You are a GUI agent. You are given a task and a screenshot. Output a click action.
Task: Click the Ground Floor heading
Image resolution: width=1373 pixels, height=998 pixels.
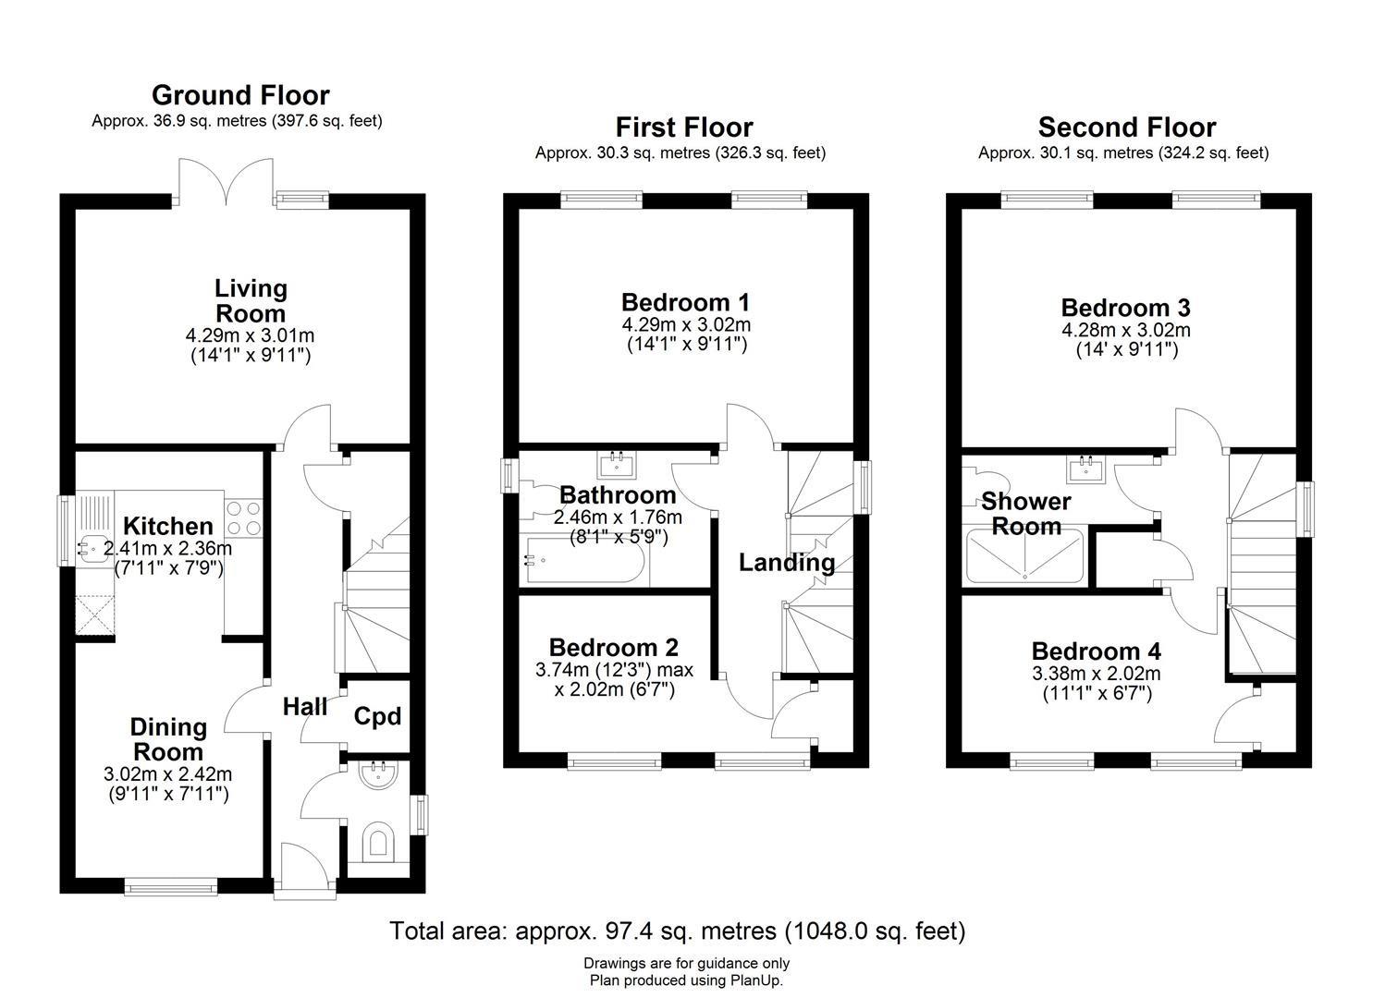240,95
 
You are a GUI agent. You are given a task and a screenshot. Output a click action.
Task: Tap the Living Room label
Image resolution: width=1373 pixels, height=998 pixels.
251,301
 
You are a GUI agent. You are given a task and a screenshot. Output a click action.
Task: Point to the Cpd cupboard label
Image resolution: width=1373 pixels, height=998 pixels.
377,716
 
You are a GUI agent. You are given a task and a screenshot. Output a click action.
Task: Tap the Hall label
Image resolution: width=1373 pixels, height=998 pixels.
304,706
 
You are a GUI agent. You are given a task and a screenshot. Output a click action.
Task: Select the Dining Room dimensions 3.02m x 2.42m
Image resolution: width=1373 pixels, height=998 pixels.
168,773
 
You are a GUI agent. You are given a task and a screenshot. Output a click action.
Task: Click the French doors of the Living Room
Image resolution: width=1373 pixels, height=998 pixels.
227,182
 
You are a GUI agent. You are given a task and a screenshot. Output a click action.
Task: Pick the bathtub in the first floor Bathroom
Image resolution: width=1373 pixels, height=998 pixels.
584,559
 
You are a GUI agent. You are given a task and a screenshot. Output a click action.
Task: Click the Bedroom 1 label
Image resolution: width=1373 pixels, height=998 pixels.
685,302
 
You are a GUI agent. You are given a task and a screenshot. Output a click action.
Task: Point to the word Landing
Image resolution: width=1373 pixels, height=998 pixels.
787,563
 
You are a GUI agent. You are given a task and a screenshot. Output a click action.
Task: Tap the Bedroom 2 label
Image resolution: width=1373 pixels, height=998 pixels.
614,648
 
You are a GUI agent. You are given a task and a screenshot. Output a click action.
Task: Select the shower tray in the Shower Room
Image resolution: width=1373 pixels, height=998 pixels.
1025,555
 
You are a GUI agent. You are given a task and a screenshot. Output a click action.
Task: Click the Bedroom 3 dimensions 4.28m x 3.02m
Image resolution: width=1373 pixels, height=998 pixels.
1126,330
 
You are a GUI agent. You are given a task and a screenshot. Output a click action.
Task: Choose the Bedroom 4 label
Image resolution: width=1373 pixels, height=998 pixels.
1096,651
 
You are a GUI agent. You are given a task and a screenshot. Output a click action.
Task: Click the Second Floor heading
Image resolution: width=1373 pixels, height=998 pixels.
1126,128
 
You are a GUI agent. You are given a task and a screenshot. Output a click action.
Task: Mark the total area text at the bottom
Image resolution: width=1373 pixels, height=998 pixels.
678,931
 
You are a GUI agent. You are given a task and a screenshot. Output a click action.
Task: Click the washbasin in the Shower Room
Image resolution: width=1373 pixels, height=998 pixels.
1085,470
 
